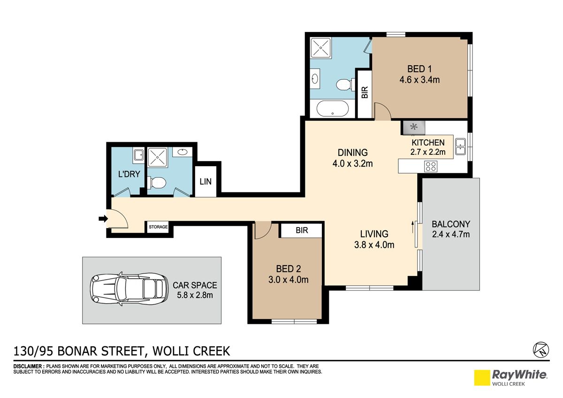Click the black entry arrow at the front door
point(103,219)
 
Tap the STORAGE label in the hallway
point(158,227)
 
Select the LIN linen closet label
point(205,182)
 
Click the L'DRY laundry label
point(129,174)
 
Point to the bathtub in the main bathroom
point(333,108)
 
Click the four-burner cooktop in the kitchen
point(431,166)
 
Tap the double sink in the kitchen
point(460,146)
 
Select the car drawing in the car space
point(129,289)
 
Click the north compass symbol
point(541,350)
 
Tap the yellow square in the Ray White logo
point(482,378)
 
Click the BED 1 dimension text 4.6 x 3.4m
point(419,80)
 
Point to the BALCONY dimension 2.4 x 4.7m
point(451,234)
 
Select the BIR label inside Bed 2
point(302,230)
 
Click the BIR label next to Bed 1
point(365,92)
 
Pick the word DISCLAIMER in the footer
point(28,367)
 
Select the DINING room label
point(353,153)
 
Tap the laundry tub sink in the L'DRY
point(138,154)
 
